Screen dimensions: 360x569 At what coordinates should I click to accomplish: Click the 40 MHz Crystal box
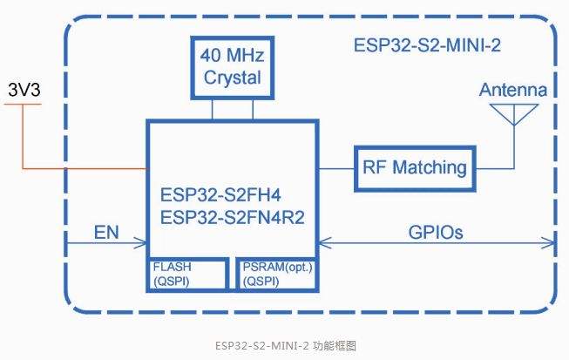232,66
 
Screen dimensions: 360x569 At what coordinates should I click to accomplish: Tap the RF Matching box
412,167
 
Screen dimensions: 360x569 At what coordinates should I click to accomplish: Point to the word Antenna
512,90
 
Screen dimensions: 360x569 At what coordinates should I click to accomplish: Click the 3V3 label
24,90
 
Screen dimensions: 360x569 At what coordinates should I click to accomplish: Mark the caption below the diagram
284,345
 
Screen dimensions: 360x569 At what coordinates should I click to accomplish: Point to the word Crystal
232,77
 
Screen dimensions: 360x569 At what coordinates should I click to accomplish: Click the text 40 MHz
232,56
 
